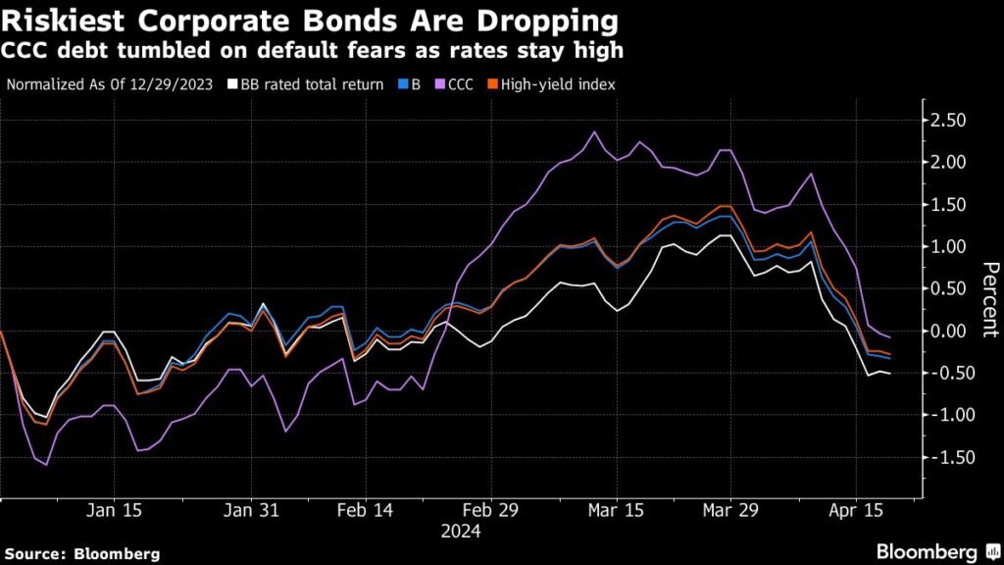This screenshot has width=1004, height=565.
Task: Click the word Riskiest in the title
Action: tap(60, 20)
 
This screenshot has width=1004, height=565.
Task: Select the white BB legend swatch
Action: tap(232, 84)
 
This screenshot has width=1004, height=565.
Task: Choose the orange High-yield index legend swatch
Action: tap(492, 84)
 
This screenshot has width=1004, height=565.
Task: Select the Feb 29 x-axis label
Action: tap(490, 510)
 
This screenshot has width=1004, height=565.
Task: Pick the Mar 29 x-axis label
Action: tap(732, 510)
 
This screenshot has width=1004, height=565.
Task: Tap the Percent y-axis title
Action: tap(989, 299)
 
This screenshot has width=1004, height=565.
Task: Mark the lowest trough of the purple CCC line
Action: tap(45, 465)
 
